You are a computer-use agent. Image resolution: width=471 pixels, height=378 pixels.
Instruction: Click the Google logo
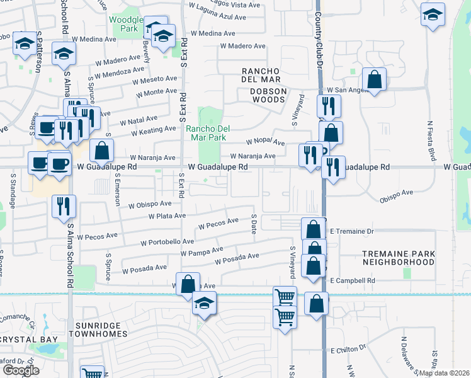[21, 370]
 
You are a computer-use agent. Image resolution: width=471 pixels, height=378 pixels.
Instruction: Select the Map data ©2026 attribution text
[444, 373]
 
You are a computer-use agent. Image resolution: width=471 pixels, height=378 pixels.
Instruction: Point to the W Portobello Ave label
[167, 241]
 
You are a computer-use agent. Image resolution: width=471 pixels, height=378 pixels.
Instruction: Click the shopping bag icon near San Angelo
[374, 79]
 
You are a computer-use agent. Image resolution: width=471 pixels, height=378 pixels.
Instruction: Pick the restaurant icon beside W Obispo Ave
[64, 205]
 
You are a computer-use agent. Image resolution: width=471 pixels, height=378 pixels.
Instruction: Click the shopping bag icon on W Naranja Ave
[101, 151]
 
